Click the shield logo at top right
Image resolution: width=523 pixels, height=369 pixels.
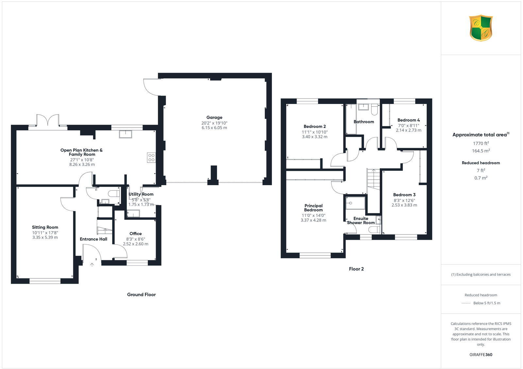pos(481,28)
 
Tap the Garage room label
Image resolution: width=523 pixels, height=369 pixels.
pos(214,117)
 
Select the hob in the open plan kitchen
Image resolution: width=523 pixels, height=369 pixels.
pos(151,158)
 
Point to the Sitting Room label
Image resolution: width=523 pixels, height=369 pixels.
pos(45,227)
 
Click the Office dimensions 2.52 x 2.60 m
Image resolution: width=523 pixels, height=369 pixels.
pos(135,244)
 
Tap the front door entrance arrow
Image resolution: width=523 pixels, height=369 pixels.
pos(92,264)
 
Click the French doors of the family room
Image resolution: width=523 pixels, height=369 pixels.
pos(48,120)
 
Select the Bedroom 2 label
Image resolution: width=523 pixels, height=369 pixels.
pos(314,127)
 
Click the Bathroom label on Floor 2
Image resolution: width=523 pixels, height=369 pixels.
pos(363,122)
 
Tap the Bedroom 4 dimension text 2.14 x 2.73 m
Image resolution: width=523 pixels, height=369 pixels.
pos(408,130)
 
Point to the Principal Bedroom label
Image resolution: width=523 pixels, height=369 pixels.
pos(313,208)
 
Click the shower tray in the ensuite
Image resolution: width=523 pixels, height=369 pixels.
pos(355,202)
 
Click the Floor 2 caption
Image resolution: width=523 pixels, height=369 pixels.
pos(356,269)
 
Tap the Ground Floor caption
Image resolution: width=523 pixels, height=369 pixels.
pos(141,294)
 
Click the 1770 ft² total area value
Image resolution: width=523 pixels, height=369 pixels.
pos(481,143)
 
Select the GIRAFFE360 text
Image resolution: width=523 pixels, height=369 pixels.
pos(481,355)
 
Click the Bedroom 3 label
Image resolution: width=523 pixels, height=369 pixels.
pos(404,195)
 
